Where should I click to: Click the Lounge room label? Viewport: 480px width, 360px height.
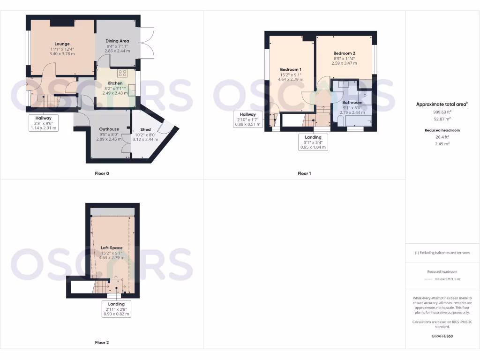click(62, 44)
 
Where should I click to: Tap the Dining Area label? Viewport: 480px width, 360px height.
click(117, 41)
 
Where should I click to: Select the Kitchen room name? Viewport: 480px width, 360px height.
click(115, 83)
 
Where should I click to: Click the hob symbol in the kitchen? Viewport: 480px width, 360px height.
click(123, 73)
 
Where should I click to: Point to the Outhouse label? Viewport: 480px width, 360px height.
click(109, 129)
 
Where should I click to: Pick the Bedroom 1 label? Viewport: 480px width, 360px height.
click(291, 70)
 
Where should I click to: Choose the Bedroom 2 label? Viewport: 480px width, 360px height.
click(344, 53)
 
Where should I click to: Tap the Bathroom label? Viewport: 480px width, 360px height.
click(352, 102)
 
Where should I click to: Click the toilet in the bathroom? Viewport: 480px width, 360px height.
click(340, 120)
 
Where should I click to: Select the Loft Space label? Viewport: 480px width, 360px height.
click(112, 247)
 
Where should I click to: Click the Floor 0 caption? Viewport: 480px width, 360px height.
click(102, 173)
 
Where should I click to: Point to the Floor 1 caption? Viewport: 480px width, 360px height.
click(304, 173)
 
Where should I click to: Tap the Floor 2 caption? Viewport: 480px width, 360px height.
click(102, 343)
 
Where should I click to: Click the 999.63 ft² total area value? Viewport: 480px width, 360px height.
click(442, 112)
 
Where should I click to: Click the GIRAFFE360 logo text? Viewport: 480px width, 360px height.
click(442, 336)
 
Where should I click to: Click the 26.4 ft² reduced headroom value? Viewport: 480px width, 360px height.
click(442, 137)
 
